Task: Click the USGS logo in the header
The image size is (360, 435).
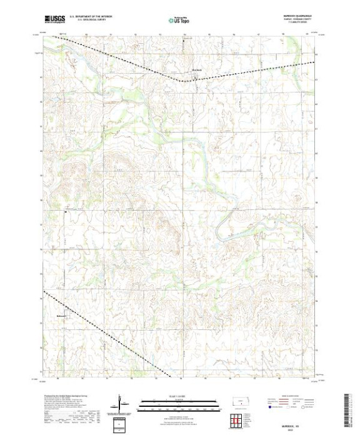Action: pos(55,20)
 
